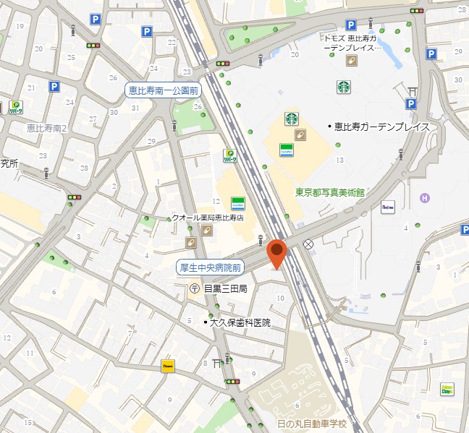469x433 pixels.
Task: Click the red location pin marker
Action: click(x=276, y=252)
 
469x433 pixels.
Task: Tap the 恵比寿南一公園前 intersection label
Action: click(x=163, y=90)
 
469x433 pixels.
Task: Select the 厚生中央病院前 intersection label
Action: click(x=211, y=267)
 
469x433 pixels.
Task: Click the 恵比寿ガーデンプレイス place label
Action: click(x=381, y=127)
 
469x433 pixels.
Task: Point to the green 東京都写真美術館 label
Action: click(x=329, y=193)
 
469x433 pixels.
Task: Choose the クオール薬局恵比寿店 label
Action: click(x=207, y=218)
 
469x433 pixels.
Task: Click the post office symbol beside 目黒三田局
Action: click(x=195, y=288)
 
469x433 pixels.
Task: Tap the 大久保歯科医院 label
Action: click(x=240, y=322)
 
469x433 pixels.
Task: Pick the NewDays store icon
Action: click(x=448, y=389)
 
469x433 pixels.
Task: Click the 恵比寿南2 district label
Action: click(x=46, y=129)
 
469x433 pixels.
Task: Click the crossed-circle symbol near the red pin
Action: click(x=309, y=244)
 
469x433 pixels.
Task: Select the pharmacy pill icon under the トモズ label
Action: click(x=351, y=61)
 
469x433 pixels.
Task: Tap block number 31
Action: click(x=135, y=108)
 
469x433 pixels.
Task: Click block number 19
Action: click(x=20, y=26)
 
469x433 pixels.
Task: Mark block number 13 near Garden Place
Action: click(x=339, y=159)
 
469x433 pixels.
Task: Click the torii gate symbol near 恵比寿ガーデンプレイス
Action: click(x=413, y=90)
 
